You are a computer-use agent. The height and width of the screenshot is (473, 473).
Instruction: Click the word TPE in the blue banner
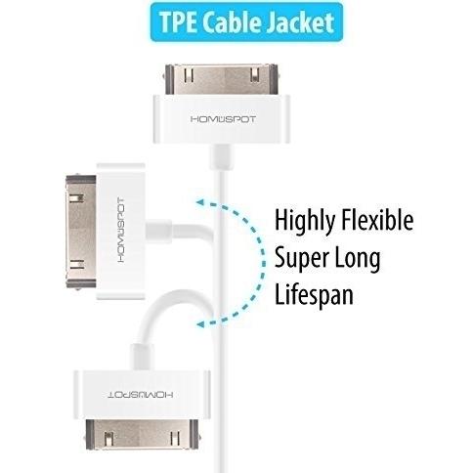178,22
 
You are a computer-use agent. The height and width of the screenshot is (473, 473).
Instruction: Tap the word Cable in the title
231,22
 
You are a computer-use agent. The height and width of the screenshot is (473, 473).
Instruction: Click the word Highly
305,222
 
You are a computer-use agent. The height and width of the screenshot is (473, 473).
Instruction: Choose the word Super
301,259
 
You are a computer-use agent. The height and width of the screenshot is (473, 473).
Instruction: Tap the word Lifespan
314,294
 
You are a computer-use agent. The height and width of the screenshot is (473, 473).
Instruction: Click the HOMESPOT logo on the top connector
223,119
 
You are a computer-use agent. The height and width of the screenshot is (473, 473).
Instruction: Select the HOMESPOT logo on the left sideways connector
120,231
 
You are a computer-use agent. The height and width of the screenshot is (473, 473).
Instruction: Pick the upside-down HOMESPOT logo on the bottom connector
141,395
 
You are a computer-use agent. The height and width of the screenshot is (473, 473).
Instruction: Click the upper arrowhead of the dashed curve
200,203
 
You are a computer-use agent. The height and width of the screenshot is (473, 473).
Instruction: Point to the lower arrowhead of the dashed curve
200,324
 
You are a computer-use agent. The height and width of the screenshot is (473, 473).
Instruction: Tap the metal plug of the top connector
222,79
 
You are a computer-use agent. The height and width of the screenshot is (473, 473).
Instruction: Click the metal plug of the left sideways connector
81,231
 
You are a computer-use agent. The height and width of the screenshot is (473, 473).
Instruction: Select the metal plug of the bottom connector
142,435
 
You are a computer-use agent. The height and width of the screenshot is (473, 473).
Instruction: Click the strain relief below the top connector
221,157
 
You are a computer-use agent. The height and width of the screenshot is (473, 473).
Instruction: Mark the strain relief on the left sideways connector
158,230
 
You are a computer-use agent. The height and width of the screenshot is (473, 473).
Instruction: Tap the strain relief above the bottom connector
142,357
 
